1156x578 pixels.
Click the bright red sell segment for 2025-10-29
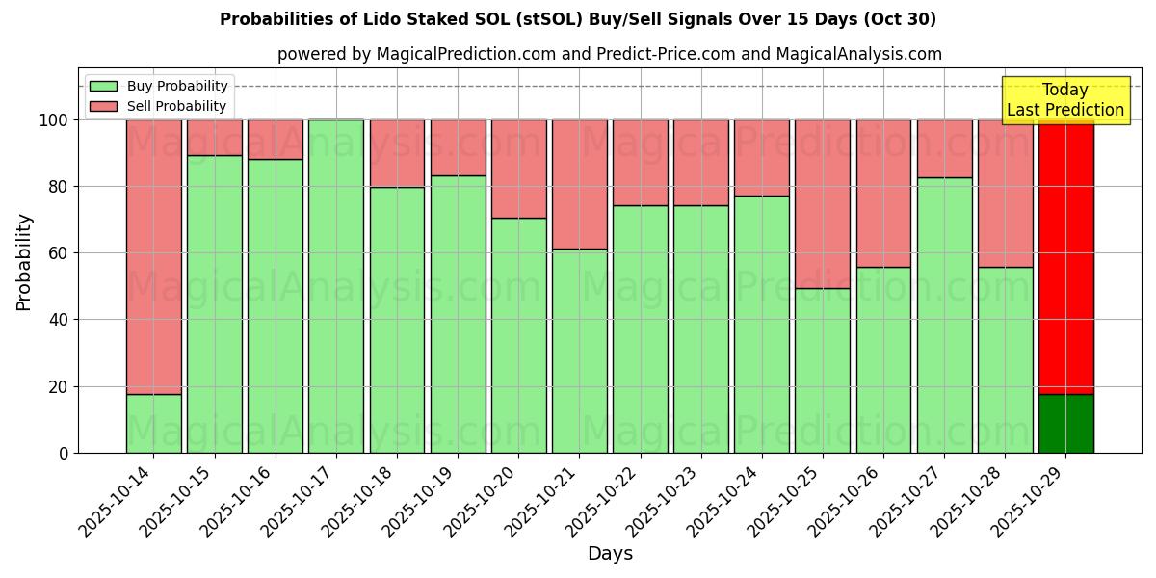tap(1065, 256)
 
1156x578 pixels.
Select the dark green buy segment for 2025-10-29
tap(1065, 423)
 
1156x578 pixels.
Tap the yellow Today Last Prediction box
tap(1064, 100)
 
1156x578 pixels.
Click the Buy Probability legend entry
tap(177, 86)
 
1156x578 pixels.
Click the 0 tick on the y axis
tap(64, 453)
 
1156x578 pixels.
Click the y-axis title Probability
tap(24, 261)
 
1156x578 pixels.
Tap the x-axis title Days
tap(610, 554)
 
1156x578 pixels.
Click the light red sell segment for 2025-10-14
tap(153, 256)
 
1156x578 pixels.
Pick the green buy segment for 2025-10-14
tap(153, 423)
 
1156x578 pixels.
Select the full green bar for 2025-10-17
tap(335, 286)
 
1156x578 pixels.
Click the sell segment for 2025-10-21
tap(579, 184)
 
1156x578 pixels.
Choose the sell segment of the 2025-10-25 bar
tap(823, 204)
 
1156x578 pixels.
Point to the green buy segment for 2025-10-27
tap(944, 315)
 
